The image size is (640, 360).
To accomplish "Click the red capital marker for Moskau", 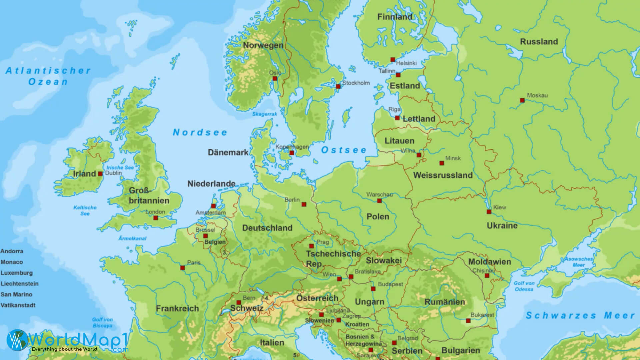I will (x=522, y=100).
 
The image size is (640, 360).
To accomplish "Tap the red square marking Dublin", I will (x=100, y=174).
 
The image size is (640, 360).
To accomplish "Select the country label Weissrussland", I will (x=443, y=175).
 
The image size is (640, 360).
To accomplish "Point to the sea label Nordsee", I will (x=200, y=132).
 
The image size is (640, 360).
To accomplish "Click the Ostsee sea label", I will (x=344, y=150).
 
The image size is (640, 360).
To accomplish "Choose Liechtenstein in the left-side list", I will (x=19, y=284).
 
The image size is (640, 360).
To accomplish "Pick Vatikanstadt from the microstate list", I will (x=18, y=305).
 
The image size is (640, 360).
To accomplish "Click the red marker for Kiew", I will (x=489, y=212).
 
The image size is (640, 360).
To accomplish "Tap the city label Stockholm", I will (x=356, y=83).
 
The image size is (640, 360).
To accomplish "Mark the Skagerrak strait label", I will (x=265, y=114).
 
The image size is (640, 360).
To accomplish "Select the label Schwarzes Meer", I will (x=580, y=315).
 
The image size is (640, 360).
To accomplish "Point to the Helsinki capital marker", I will (x=393, y=60).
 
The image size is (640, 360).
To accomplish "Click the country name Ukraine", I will (x=502, y=226).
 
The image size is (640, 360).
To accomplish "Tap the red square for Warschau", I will (x=379, y=201).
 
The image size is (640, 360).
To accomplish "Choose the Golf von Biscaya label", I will (x=102, y=322).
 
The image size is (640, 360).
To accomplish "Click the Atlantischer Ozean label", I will (x=48, y=76).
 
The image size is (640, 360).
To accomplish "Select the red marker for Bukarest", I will (x=468, y=321).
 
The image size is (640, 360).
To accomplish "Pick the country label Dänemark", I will (x=228, y=153).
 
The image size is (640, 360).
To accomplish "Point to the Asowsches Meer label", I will (x=579, y=262).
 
